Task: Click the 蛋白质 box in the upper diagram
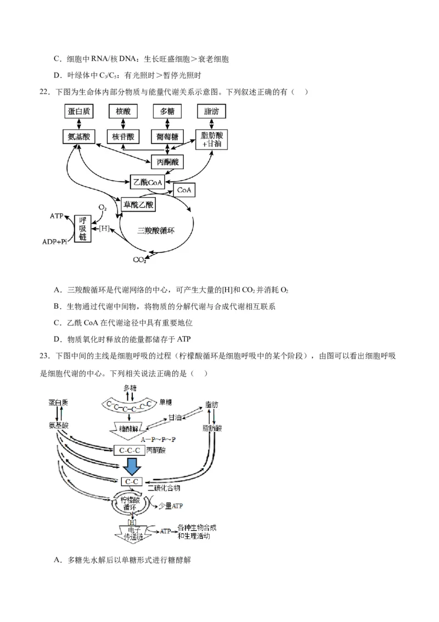[x=78, y=112]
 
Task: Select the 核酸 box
[x=123, y=112]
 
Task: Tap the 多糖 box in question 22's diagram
[x=167, y=112]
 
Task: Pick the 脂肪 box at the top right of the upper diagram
[x=211, y=112]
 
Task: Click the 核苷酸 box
[x=123, y=136]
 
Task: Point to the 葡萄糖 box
[x=167, y=136]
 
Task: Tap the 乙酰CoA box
[x=147, y=182]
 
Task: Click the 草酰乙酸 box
[x=138, y=204]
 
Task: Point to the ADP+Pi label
[x=58, y=241]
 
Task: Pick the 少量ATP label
[x=170, y=506]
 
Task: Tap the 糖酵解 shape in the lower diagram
[x=130, y=427]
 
